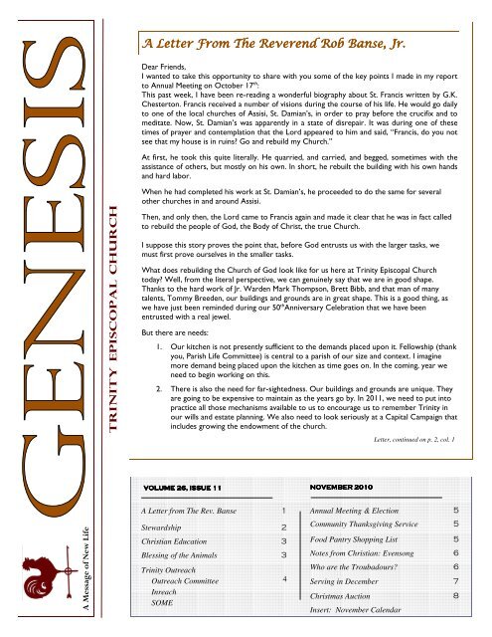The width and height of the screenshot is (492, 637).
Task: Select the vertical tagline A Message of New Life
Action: point(17,557)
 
